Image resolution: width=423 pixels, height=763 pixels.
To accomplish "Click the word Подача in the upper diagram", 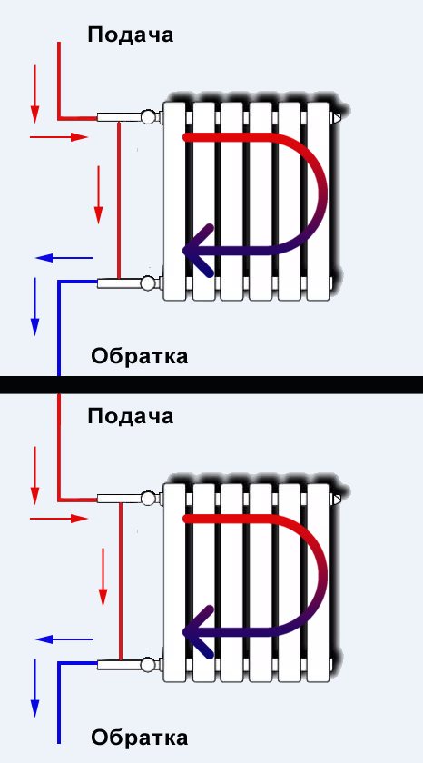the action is (x=131, y=35).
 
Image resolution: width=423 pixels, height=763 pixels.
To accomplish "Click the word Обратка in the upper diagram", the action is (x=140, y=356).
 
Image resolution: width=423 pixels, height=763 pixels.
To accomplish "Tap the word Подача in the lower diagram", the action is (x=131, y=417).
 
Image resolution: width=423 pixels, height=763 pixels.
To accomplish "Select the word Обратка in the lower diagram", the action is (x=140, y=738).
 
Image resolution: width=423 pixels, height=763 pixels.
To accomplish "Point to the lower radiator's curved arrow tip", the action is (x=184, y=632).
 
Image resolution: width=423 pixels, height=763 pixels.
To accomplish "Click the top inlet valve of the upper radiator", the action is (x=147, y=117).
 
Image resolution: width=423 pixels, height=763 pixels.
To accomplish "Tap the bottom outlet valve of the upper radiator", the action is (x=147, y=282).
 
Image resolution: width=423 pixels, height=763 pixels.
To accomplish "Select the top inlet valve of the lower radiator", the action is (x=147, y=499).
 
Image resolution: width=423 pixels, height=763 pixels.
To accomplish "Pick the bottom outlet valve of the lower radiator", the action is (x=147, y=664).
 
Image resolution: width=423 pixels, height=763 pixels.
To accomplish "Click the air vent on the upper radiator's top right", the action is (x=337, y=117).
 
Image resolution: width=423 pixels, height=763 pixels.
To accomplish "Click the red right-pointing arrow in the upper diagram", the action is (x=59, y=137).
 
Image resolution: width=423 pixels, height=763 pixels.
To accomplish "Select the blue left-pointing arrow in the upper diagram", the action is (x=64, y=258).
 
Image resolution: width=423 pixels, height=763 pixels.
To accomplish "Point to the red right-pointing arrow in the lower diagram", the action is (x=59, y=519).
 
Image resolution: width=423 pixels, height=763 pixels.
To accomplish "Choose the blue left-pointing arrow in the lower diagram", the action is (x=64, y=639).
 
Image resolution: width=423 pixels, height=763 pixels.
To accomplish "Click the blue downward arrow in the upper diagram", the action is (x=34, y=307).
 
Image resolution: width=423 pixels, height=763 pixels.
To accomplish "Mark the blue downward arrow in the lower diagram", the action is (x=34, y=689).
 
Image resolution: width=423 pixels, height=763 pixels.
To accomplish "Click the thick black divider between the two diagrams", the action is (x=211, y=384).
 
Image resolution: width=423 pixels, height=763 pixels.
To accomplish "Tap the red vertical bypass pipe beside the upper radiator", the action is (x=119, y=200).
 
